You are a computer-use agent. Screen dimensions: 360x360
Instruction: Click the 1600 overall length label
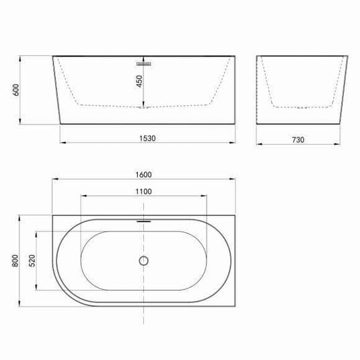click(x=143, y=174)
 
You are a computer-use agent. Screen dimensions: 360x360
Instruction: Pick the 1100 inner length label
click(x=143, y=191)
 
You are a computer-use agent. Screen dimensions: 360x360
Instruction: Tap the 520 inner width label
click(x=31, y=260)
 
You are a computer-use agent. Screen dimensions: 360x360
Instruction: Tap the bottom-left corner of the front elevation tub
click(x=61, y=124)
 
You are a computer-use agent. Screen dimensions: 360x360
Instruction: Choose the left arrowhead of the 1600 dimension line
click(x=54, y=180)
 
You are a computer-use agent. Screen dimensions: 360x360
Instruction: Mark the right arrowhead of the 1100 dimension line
click(x=206, y=196)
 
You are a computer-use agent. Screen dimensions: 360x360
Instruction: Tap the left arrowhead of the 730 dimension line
click(x=260, y=143)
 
